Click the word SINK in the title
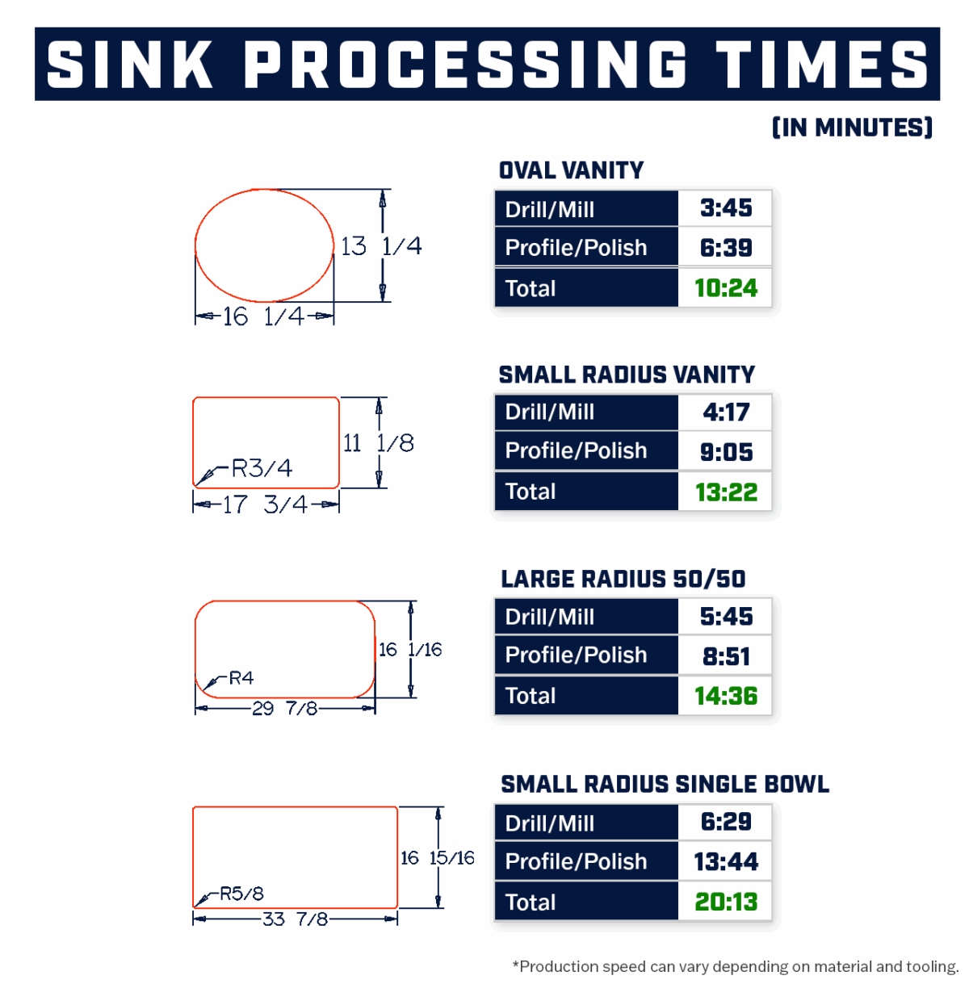click(x=130, y=65)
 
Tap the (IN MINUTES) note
click(x=852, y=128)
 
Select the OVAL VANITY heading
click(x=571, y=170)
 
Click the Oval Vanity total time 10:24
click(x=726, y=288)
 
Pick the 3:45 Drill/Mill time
click(x=726, y=208)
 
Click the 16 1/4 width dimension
click(x=263, y=316)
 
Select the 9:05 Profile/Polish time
click(x=726, y=452)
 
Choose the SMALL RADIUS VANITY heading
click(x=627, y=375)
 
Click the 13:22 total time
click(x=726, y=492)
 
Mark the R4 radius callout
click(x=241, y=678)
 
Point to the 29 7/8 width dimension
click(x=284, y=709)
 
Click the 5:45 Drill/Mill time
click(x=726, y=617)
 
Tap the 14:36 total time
click(x=726, y=696)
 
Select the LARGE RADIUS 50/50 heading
click(x=623, y=579)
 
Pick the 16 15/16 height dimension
click(x=437, y=858)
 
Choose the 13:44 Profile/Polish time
click(x=726, y=862)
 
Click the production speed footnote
click(x=735, y=966)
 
